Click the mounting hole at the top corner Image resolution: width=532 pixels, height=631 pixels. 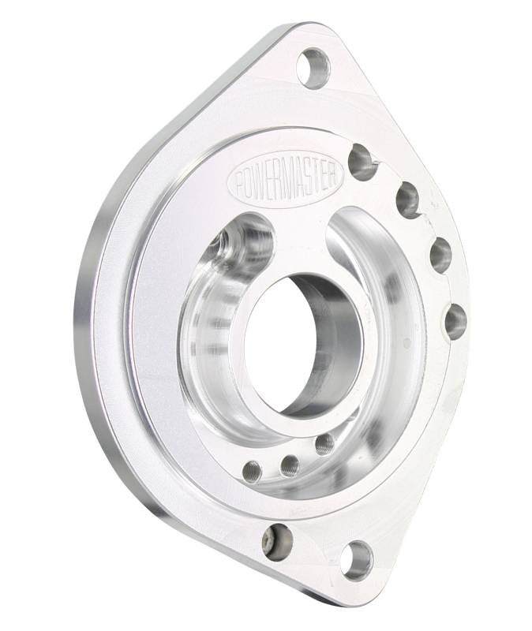(313, 68)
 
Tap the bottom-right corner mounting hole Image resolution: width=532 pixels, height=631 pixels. (357, 561)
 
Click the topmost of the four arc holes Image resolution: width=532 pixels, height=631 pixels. (362, 162)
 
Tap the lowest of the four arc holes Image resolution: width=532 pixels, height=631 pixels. (456, 322)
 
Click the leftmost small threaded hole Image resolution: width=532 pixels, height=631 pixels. (253, 471)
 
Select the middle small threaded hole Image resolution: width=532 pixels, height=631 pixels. (290, 465)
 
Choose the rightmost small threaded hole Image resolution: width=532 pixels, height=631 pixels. (324, 445)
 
